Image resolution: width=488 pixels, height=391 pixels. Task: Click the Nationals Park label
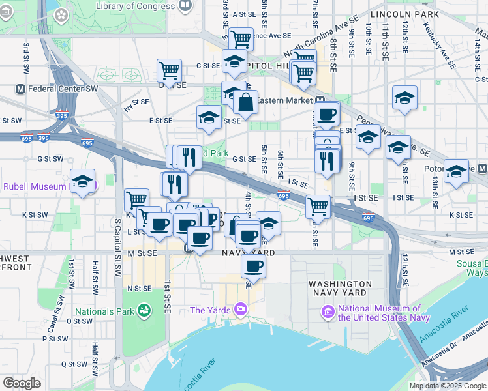point(104,311)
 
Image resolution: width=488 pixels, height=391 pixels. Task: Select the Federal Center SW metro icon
point(20,89)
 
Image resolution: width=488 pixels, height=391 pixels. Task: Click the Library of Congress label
point(135,6)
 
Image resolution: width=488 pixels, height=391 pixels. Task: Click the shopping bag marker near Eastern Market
point(245,103)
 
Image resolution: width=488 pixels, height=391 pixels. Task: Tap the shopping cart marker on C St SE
point(170,70)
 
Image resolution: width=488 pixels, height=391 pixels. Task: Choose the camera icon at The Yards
point(241,308)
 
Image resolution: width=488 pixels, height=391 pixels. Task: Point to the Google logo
point(22,383)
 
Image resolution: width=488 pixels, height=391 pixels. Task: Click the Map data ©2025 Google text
point(447,386)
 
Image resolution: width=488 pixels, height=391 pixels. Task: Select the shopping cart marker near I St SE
point(318,207)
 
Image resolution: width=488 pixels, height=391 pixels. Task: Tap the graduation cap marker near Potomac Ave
point(456,171)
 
